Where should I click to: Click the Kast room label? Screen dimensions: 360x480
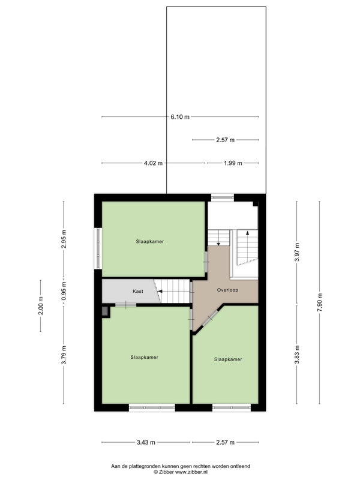click(x=138, y=291)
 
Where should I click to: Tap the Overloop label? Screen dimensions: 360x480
click(x=227, y=290)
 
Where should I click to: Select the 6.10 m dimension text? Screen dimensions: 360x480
click(x=180, y=116)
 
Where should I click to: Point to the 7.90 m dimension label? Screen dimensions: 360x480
click(x=320, y=302)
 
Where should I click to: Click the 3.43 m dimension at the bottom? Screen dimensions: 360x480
click(x=146, y=442)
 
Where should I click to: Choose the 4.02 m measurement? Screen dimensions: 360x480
click(x=154, y=163)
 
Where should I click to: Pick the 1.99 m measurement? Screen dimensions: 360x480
click(x=233, y=163)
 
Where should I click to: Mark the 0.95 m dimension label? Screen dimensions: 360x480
click(x=64, y=291)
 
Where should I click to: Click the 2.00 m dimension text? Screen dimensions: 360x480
click(x=41, y=305)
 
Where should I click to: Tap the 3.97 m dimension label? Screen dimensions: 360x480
click(x=296, y=251)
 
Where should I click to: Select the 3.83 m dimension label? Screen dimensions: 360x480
click(x=296, y=355)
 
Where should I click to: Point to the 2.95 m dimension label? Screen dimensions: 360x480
click(x=64, y=239)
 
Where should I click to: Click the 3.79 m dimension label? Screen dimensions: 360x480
click(x=64, y=355)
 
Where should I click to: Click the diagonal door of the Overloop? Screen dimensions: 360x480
click(x=210, y=319)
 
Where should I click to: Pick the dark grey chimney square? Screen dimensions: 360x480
click(x=105, y=311)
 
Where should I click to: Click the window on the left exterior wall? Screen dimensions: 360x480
click(x=98, y=248)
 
